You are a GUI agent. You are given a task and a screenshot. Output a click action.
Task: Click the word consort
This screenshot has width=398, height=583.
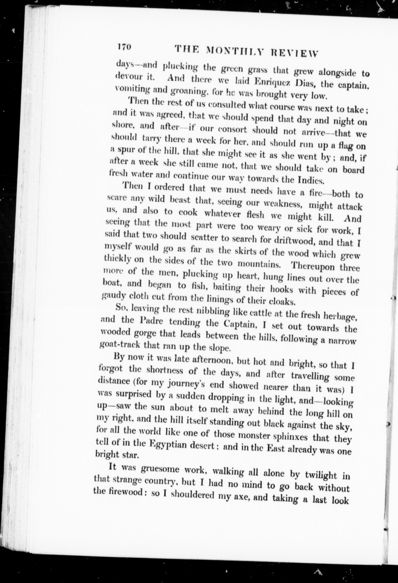point(232,130)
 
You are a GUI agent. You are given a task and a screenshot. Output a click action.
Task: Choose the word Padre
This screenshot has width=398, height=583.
point(151,321)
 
